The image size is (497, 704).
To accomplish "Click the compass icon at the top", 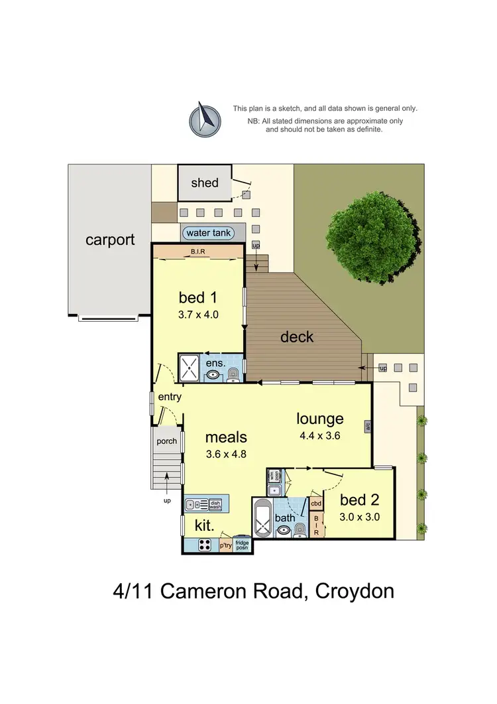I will (x=205, y=120).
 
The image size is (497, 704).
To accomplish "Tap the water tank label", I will (x=209, y=233).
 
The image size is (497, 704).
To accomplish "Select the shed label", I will (x=204, y=182).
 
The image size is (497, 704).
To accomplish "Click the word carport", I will (x=110, y=240).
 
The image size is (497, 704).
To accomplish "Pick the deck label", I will (x=296, y=336).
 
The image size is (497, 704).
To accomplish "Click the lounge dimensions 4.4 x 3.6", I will (x=319, y=436).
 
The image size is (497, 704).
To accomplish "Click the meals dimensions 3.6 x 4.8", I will (x=225, y=455).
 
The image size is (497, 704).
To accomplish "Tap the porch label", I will (x=166, y=441).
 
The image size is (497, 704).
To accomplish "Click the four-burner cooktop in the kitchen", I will (x=205, y=545).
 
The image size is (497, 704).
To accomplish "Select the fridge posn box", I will (x=241, y=545).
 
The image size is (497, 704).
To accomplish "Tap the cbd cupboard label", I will (x=316, y=504).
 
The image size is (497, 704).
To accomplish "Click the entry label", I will (x=170, y=397).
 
